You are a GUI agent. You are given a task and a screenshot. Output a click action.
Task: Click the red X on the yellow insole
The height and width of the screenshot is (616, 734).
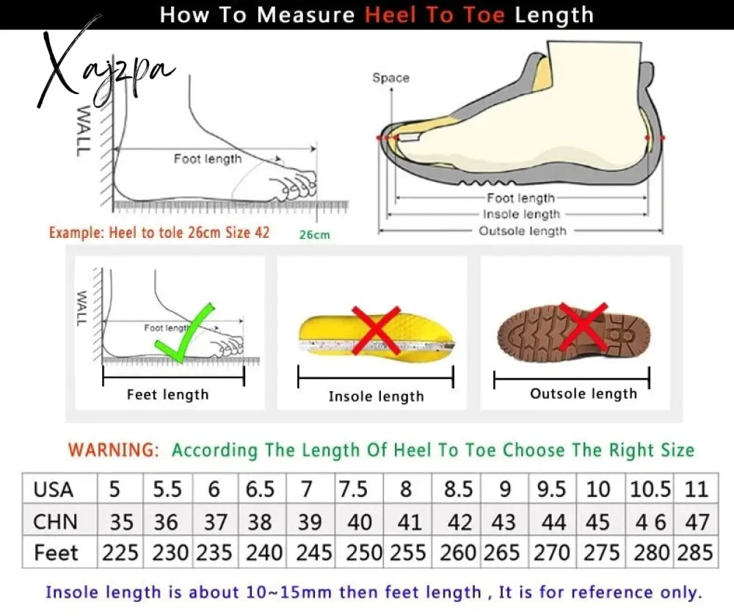[376, 330]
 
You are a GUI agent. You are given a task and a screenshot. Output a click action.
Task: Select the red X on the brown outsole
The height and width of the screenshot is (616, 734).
[584, 326]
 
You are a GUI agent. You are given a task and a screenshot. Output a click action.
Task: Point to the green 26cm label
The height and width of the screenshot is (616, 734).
[315, 235]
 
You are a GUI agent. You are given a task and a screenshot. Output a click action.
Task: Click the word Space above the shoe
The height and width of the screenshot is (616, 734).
[391, 78]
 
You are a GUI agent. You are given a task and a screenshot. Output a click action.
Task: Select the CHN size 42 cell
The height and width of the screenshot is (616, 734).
[459, 521]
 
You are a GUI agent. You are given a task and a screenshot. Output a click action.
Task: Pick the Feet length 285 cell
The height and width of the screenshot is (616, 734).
[695, 552]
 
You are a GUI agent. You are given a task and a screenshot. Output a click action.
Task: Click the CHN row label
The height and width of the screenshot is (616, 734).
[55, 521]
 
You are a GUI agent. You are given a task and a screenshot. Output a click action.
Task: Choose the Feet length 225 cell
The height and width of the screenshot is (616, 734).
[120, 552]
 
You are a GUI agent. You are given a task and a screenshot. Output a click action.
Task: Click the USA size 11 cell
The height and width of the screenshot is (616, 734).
[696, 489]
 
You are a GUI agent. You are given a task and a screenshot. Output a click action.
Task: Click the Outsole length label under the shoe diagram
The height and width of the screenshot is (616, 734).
[523, 231]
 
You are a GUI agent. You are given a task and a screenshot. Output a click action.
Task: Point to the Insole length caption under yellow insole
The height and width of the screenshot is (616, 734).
[376, 396]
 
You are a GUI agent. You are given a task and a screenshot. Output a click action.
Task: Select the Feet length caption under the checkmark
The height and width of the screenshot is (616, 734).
[167, 394]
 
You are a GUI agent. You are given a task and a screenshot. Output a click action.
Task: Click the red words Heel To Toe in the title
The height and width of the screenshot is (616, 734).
[435, 15]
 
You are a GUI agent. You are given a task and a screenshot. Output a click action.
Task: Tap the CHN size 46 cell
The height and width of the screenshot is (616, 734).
[650, 521]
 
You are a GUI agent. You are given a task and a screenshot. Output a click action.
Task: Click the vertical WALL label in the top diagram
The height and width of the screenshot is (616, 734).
[83, 130]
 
